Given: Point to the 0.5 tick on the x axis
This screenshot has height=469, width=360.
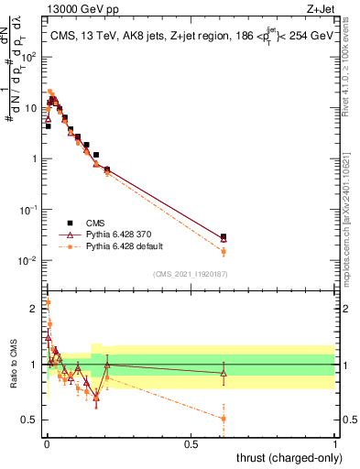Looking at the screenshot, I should click(x=191, y=444).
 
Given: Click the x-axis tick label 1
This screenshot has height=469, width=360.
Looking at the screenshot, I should click(x=334, y=444).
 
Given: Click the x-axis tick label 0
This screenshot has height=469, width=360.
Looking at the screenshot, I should click(x=47, y=444).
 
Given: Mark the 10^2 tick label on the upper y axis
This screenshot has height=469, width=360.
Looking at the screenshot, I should click(x=33, y=57).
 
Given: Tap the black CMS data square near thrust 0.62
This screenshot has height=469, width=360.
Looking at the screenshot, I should click(x=224, y=236).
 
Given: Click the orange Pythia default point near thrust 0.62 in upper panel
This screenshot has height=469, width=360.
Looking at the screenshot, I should click(x=224, y=252).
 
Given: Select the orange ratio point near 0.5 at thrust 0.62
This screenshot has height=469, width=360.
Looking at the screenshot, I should click(x=224, y=419).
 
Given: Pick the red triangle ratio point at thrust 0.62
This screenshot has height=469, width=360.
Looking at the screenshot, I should click(x=224, y=373).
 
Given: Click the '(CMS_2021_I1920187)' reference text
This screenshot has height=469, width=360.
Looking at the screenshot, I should click(x=190, y=274).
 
